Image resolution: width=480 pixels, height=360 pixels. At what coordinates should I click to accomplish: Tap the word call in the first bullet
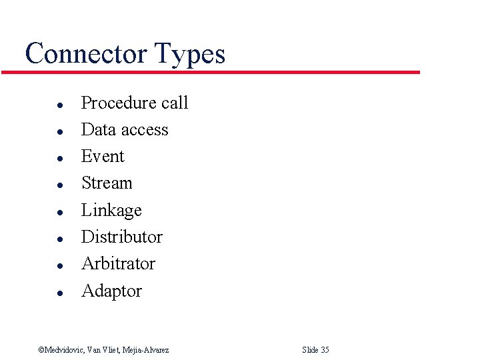click(175, 103)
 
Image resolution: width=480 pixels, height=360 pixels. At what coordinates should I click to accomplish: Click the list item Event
click(103, 156)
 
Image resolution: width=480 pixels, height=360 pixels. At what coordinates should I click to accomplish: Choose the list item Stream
click(107, 183)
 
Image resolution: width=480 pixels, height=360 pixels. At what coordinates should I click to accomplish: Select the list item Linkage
click(111, 211)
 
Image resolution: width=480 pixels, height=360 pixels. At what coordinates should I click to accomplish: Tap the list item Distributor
click(121, 237)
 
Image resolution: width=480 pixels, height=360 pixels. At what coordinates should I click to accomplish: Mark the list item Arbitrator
click(118, 263)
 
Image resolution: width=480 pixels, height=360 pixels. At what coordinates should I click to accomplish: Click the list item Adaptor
click(111, 291)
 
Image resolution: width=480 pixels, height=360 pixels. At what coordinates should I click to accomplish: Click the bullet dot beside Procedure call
click(59, 105)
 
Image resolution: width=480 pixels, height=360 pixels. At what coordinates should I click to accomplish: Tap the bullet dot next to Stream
click(59, 185)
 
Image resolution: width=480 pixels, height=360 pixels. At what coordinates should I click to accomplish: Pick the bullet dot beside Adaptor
click(59, 293)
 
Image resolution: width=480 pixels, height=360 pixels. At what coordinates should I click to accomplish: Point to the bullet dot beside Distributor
click(59, 239)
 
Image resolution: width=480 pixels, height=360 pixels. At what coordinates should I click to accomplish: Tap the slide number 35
click(325, 350)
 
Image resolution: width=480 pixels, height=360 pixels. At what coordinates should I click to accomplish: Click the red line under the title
click(211, 72)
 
